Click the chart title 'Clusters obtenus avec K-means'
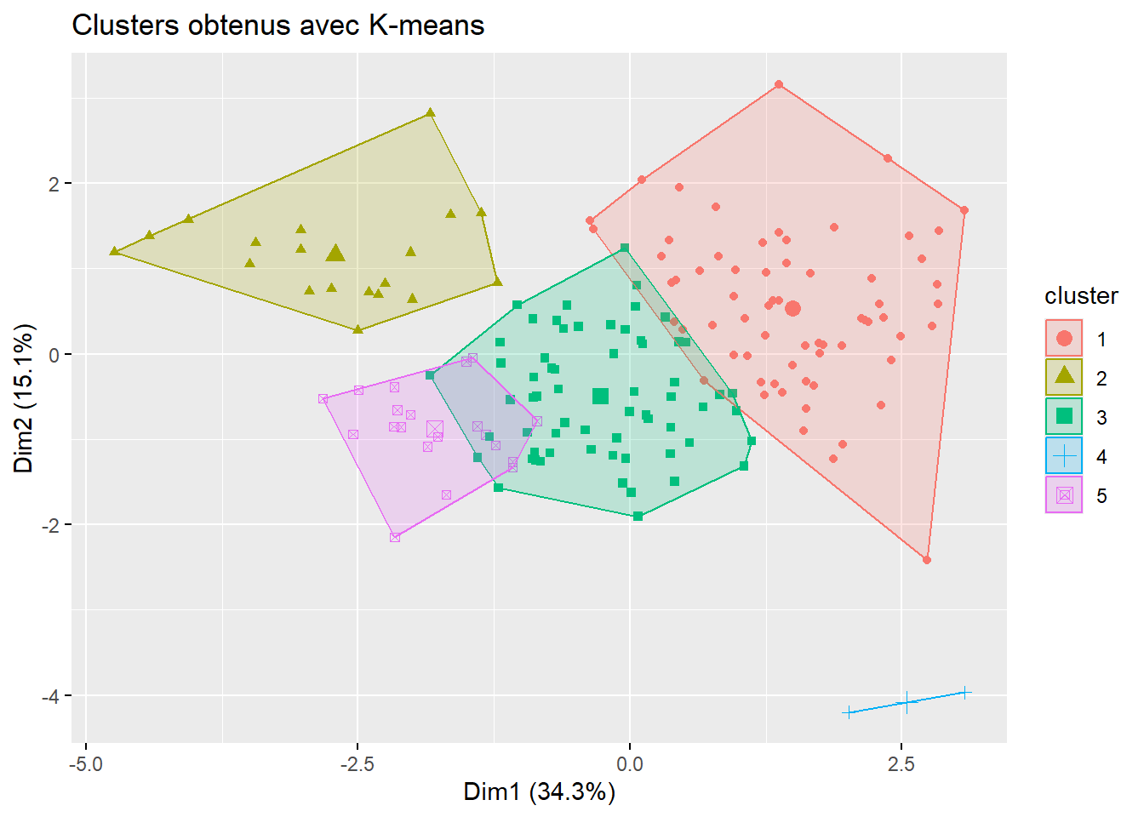pos(277,26)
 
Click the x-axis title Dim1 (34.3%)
pos(539,792)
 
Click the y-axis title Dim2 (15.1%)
pos(24,397)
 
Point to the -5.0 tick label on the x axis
pos(85,764)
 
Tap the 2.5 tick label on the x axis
pos(901,764)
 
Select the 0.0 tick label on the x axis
pos(629,764)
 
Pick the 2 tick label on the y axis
pos(54,184)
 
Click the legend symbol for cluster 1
pos(1063,339)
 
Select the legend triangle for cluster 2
pos(1063,376)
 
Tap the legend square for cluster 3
pos(1063,417)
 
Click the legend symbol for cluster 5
pos(1063,495)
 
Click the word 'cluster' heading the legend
pos(1081,296)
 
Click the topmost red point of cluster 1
pos(779,84)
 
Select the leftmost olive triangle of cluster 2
pos(114,251)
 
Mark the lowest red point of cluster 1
pos(926,560)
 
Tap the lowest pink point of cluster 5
pos(395,537)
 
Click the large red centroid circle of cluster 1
pos(792,308)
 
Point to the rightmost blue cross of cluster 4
pos(965,693)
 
